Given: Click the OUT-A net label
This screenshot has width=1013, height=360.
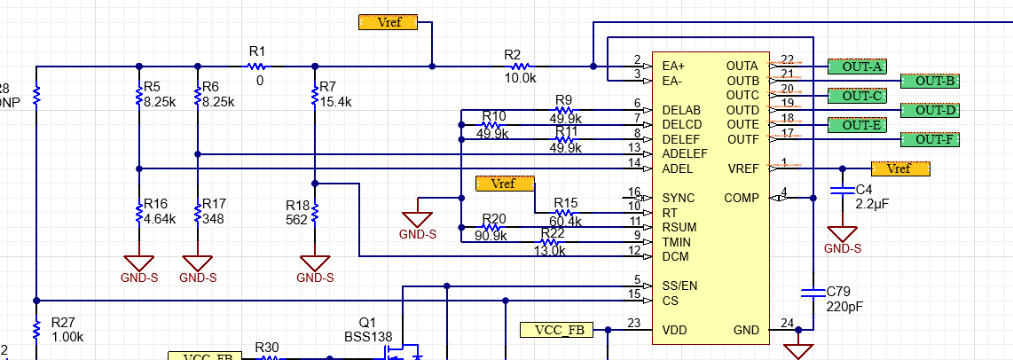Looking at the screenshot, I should click(857, 67).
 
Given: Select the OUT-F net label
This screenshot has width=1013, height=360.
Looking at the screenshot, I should click(930, 139).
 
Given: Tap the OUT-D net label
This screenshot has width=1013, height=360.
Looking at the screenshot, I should click(930, 110).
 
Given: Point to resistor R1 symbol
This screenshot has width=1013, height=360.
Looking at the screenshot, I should click(257, 66).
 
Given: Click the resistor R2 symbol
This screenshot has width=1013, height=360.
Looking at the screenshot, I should click(520, 66).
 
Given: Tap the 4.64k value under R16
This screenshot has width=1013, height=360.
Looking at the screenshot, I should click(160, 218).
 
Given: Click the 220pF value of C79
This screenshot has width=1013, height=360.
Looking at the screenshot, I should click(844, 307).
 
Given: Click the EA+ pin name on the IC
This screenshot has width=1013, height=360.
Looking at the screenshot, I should click(675, 66).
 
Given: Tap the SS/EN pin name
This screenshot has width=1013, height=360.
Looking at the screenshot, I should click(679, 286).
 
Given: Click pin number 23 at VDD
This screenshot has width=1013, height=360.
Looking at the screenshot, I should click(633, 324).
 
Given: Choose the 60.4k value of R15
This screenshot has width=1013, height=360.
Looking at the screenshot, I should click(566, 221).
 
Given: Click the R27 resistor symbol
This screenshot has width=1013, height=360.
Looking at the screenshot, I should click(36, 329).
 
